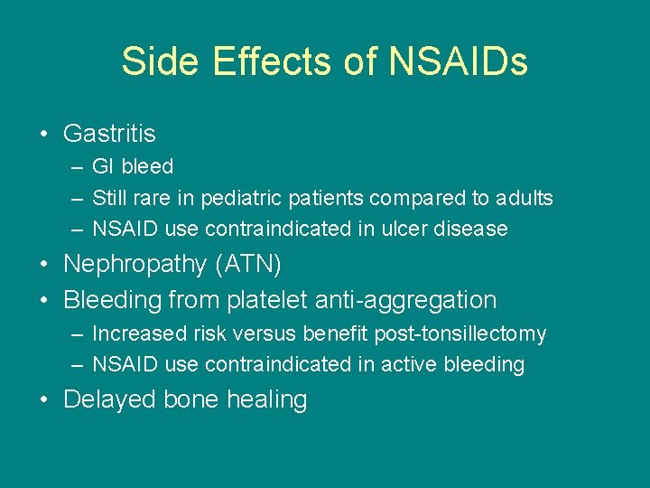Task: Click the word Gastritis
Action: click(x=109, y=134)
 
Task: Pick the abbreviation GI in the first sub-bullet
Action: click(x=103, y=167)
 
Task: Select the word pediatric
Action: click(x=237, y=198)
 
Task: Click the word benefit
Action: click(x=336, y=334)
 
